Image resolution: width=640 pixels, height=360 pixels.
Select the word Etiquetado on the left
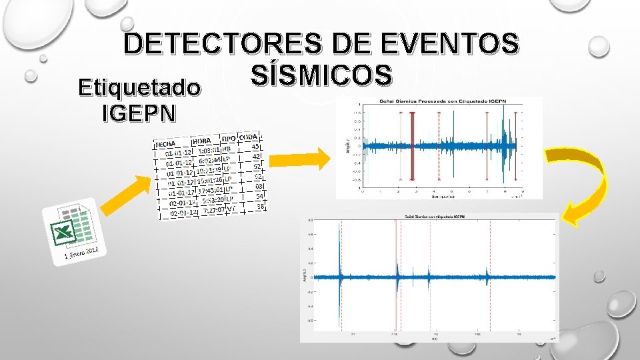139,87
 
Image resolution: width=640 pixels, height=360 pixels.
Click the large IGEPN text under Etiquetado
139,113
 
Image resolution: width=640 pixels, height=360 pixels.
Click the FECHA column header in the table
166,144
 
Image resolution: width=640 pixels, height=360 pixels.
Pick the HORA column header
201,141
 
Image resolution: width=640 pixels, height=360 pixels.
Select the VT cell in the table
231,208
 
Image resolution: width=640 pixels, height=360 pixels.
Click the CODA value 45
255,147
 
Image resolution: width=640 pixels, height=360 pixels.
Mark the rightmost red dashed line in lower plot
490,277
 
